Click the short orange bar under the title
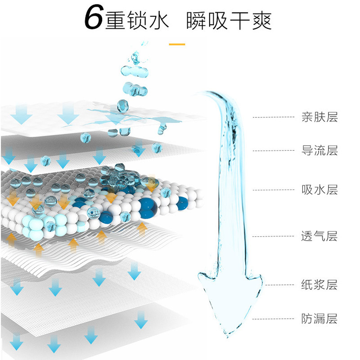click(x=177, y=44)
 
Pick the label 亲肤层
click(x=319, y=117)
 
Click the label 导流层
click(x=319, y=150)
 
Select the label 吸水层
click(x=319, y=189)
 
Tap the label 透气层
click(x=319, y=236)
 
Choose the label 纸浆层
click(x=319, y=284)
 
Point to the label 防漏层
click(x=319, y=319)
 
